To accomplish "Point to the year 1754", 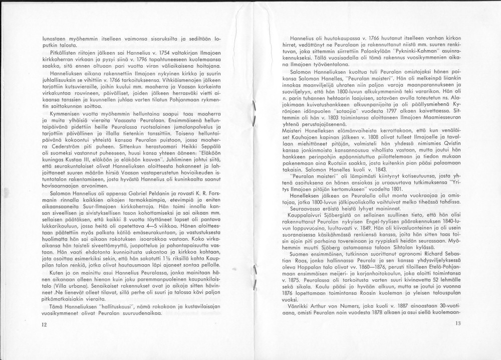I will tap(146, 52).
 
